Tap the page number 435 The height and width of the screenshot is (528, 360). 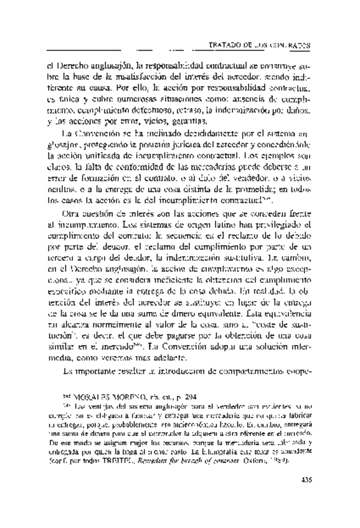pyautogui.click(x=305, y=495)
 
